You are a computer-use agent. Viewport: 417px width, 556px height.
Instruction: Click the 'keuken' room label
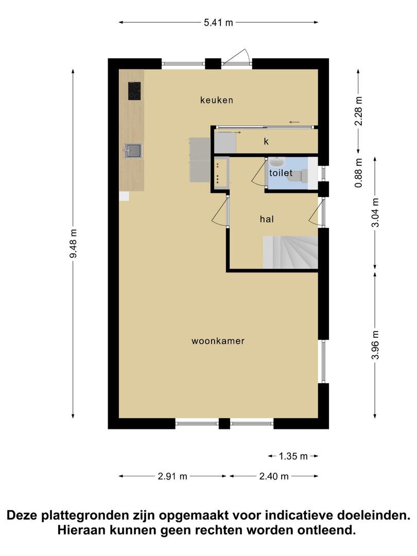point(217,100)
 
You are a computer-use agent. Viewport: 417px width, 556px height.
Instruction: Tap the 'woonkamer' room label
point(218,341)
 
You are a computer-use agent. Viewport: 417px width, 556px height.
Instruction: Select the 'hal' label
point(267,219)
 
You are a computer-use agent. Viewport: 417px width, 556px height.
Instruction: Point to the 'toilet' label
point(281,172)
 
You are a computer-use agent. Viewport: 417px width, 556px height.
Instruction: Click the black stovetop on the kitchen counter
point(134,91)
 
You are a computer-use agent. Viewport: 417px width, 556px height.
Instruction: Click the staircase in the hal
point(290,252)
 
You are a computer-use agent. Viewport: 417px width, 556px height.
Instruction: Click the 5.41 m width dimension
point(218,22)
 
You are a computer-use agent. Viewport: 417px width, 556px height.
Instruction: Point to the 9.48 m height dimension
point(74,244)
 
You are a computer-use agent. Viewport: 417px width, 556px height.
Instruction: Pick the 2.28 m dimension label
point(358,111)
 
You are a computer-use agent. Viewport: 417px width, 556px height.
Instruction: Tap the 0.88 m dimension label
point(358,172)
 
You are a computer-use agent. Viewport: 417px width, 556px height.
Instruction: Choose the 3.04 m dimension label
point(375,213)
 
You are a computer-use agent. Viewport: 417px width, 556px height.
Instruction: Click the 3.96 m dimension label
point(375,344)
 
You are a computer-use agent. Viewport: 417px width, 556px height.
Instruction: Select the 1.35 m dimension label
point(293,456)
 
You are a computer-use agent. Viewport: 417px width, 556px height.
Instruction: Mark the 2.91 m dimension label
point(172,476)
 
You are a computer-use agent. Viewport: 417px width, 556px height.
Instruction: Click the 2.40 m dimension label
point(274,476)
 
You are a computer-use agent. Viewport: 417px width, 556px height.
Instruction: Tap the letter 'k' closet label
point(266,142)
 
